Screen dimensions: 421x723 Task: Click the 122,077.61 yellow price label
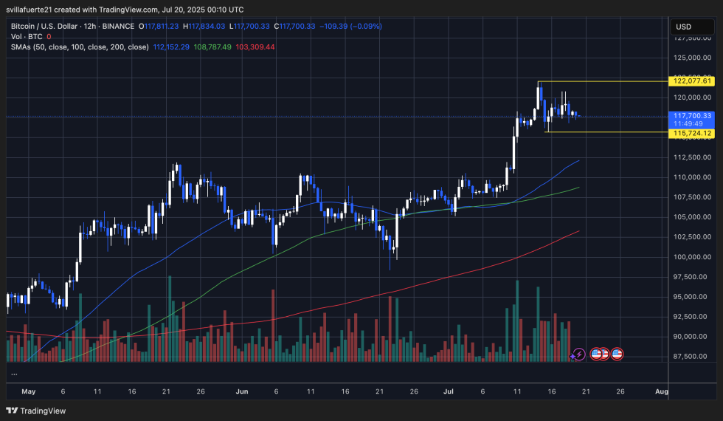691,81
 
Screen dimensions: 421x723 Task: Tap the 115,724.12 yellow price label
691,133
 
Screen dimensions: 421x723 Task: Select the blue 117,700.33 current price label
691,116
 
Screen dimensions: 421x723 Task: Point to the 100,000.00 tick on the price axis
691,257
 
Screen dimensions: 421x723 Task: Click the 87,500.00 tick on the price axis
691,357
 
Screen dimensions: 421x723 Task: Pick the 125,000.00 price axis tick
691,58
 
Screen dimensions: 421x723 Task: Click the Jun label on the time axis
241,391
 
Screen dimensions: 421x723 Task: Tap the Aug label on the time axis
662,391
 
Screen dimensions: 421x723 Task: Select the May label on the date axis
29,391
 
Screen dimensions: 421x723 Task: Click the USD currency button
683,27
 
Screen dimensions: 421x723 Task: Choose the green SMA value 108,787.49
212,47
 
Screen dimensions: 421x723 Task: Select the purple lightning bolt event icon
579,355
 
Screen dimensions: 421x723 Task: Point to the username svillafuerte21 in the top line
38,9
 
